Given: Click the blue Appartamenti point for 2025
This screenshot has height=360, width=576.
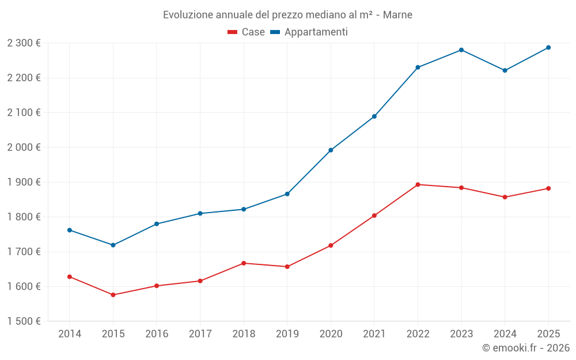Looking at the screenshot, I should [x=548, y=48].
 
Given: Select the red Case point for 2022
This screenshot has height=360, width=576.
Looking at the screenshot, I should [x=418, y=185].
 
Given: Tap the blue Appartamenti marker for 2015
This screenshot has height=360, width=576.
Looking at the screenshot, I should [x=113, y=245].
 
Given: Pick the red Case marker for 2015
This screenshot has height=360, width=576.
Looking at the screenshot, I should [x=113, y=295].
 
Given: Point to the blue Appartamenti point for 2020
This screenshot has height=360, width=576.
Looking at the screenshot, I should [x=331, y=150].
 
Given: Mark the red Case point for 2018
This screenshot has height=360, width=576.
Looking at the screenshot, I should [x=244, y=263].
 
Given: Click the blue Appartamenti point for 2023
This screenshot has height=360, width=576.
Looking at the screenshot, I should [x=461, y=50].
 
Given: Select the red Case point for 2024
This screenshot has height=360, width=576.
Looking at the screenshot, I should [x=505, y=197].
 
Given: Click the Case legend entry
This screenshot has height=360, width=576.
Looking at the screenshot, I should [x=246, y=32].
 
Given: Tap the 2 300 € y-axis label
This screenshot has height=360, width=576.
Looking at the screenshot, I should [x=24, y=43].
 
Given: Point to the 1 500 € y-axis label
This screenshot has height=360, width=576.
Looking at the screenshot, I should [x=24, y=321].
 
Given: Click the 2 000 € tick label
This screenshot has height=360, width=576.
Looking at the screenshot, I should [x=24, y=147].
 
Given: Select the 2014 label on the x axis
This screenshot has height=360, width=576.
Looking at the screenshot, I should [x=70, y=334].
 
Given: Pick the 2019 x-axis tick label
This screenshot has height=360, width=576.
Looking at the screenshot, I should [x=287, y=334].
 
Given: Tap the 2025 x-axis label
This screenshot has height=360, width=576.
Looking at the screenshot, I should [x=548, y=334].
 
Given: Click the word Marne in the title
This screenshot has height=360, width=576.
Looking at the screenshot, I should [x=398, y=15].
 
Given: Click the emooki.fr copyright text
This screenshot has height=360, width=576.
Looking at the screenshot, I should [x=525, y=348].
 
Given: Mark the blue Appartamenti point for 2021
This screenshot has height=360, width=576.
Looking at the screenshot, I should [x=374, y=116].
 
